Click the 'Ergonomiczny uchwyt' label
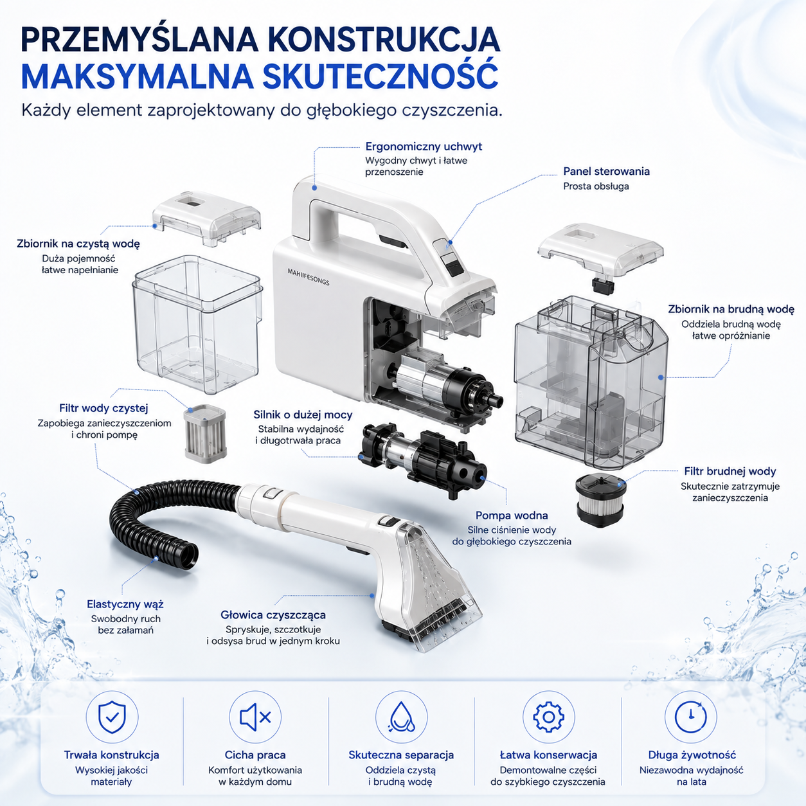pos(424,147)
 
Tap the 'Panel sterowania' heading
pos(606,172)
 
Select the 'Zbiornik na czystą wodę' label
pos(78,244)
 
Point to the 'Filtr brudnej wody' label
pos(730,471)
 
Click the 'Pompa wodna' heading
pos(512,515)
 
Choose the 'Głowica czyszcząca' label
pos(273,615)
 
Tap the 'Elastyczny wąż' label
pos(125,604)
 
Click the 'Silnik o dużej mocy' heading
pos(303,415)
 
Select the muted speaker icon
pos(255,717)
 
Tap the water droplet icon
pos(402,717)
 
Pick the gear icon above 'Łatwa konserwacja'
pos(548,717)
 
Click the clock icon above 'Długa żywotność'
pos(690,717)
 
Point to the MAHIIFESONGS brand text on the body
pos(309,277)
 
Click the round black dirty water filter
pos(600,500)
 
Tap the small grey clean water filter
pos(205,433)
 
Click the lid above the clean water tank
pos(206,218)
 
